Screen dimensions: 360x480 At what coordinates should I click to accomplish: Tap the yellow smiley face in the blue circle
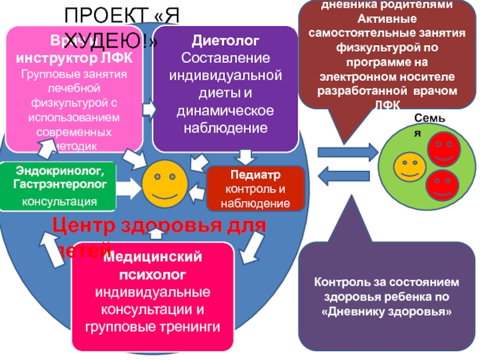[164, 183]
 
